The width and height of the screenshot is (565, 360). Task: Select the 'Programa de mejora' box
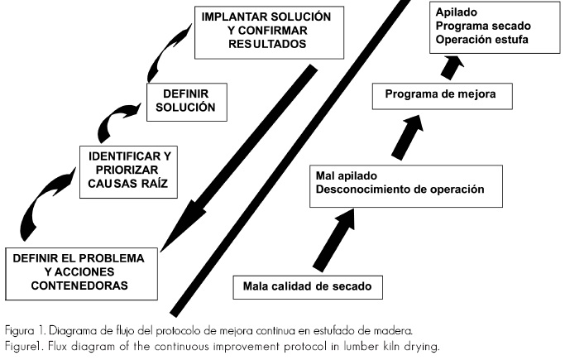tap(440, 95)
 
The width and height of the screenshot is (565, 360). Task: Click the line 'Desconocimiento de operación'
tap(400, 190)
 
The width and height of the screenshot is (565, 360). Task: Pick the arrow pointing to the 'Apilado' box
tap(450, 65)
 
